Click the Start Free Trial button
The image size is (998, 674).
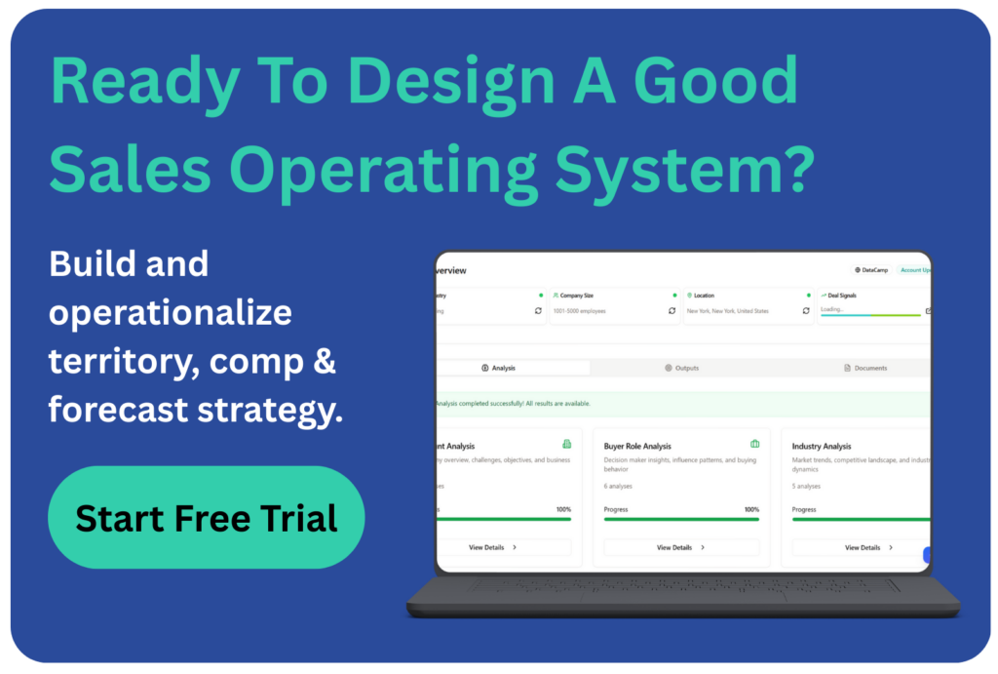coord(206,517)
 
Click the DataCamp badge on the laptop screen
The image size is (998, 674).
coord(870,270)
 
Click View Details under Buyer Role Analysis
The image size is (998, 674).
coord(679,547)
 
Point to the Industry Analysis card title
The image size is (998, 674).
coord(822,447)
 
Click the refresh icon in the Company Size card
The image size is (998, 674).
coord(672,311)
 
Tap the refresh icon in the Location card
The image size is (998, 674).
coord(806,311)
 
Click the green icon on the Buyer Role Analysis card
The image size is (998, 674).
coord(754,445)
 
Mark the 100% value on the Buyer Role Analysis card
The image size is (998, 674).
coord(751,509)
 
